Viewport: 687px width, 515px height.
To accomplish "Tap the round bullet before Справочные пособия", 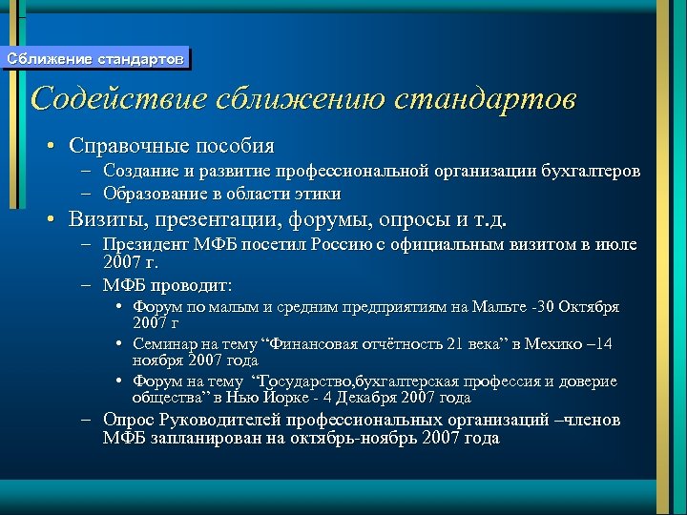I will click(54, 147).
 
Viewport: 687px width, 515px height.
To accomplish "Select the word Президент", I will click(144, 245).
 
